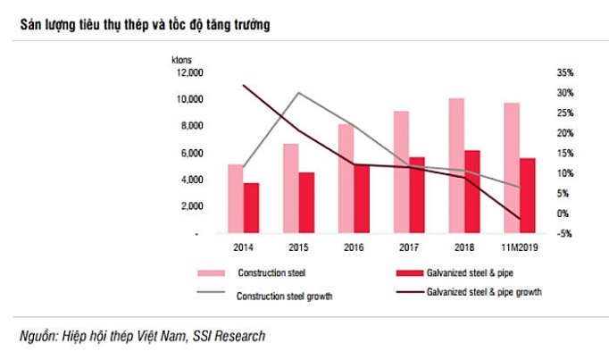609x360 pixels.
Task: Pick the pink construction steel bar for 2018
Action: (x=456, y=165)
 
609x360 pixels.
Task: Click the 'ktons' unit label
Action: (x=182, y=59)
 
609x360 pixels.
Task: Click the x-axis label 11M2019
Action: (x=519, y=247)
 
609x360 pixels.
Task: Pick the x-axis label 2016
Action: (x=354, y=247)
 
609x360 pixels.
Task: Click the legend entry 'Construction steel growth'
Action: (x=284, y=296)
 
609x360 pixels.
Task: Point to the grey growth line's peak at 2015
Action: (x=298, y=93)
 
